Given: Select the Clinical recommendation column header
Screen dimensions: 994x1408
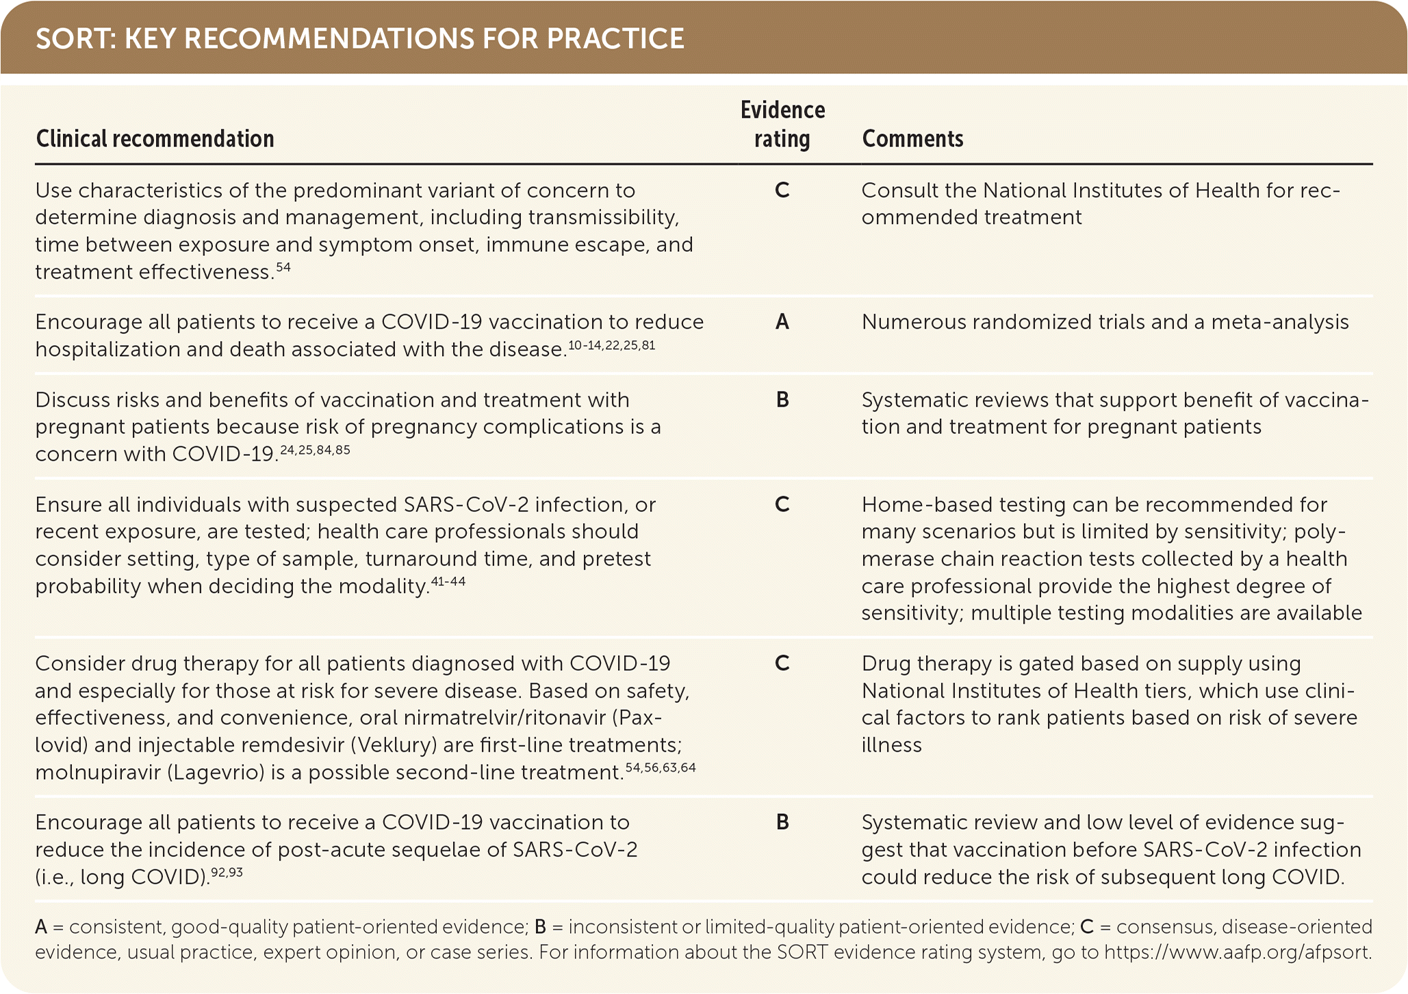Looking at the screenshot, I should tap(155, 139).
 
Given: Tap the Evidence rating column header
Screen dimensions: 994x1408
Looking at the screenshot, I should tap(782, 125).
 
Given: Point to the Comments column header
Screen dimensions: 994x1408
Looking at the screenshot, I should tap(912, 139).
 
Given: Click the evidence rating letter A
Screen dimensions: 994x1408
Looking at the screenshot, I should tap(782, 322).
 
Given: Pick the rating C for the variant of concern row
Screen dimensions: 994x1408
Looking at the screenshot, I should tap(782, 190).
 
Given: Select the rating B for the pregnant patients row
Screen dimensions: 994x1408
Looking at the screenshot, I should tap(782, 400).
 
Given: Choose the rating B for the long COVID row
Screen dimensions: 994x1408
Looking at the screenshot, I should tap(782, 822).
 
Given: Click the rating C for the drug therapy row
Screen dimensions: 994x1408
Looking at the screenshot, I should tap(782, 663).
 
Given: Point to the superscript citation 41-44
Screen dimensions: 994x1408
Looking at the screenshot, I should tap(448, 582).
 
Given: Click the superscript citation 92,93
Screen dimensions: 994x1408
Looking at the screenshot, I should tap(227, 872).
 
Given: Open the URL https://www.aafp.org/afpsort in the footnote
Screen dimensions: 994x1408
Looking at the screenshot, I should tap(1238, 952).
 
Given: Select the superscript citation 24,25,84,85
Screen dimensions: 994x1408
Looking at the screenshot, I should tap(315, 450).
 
